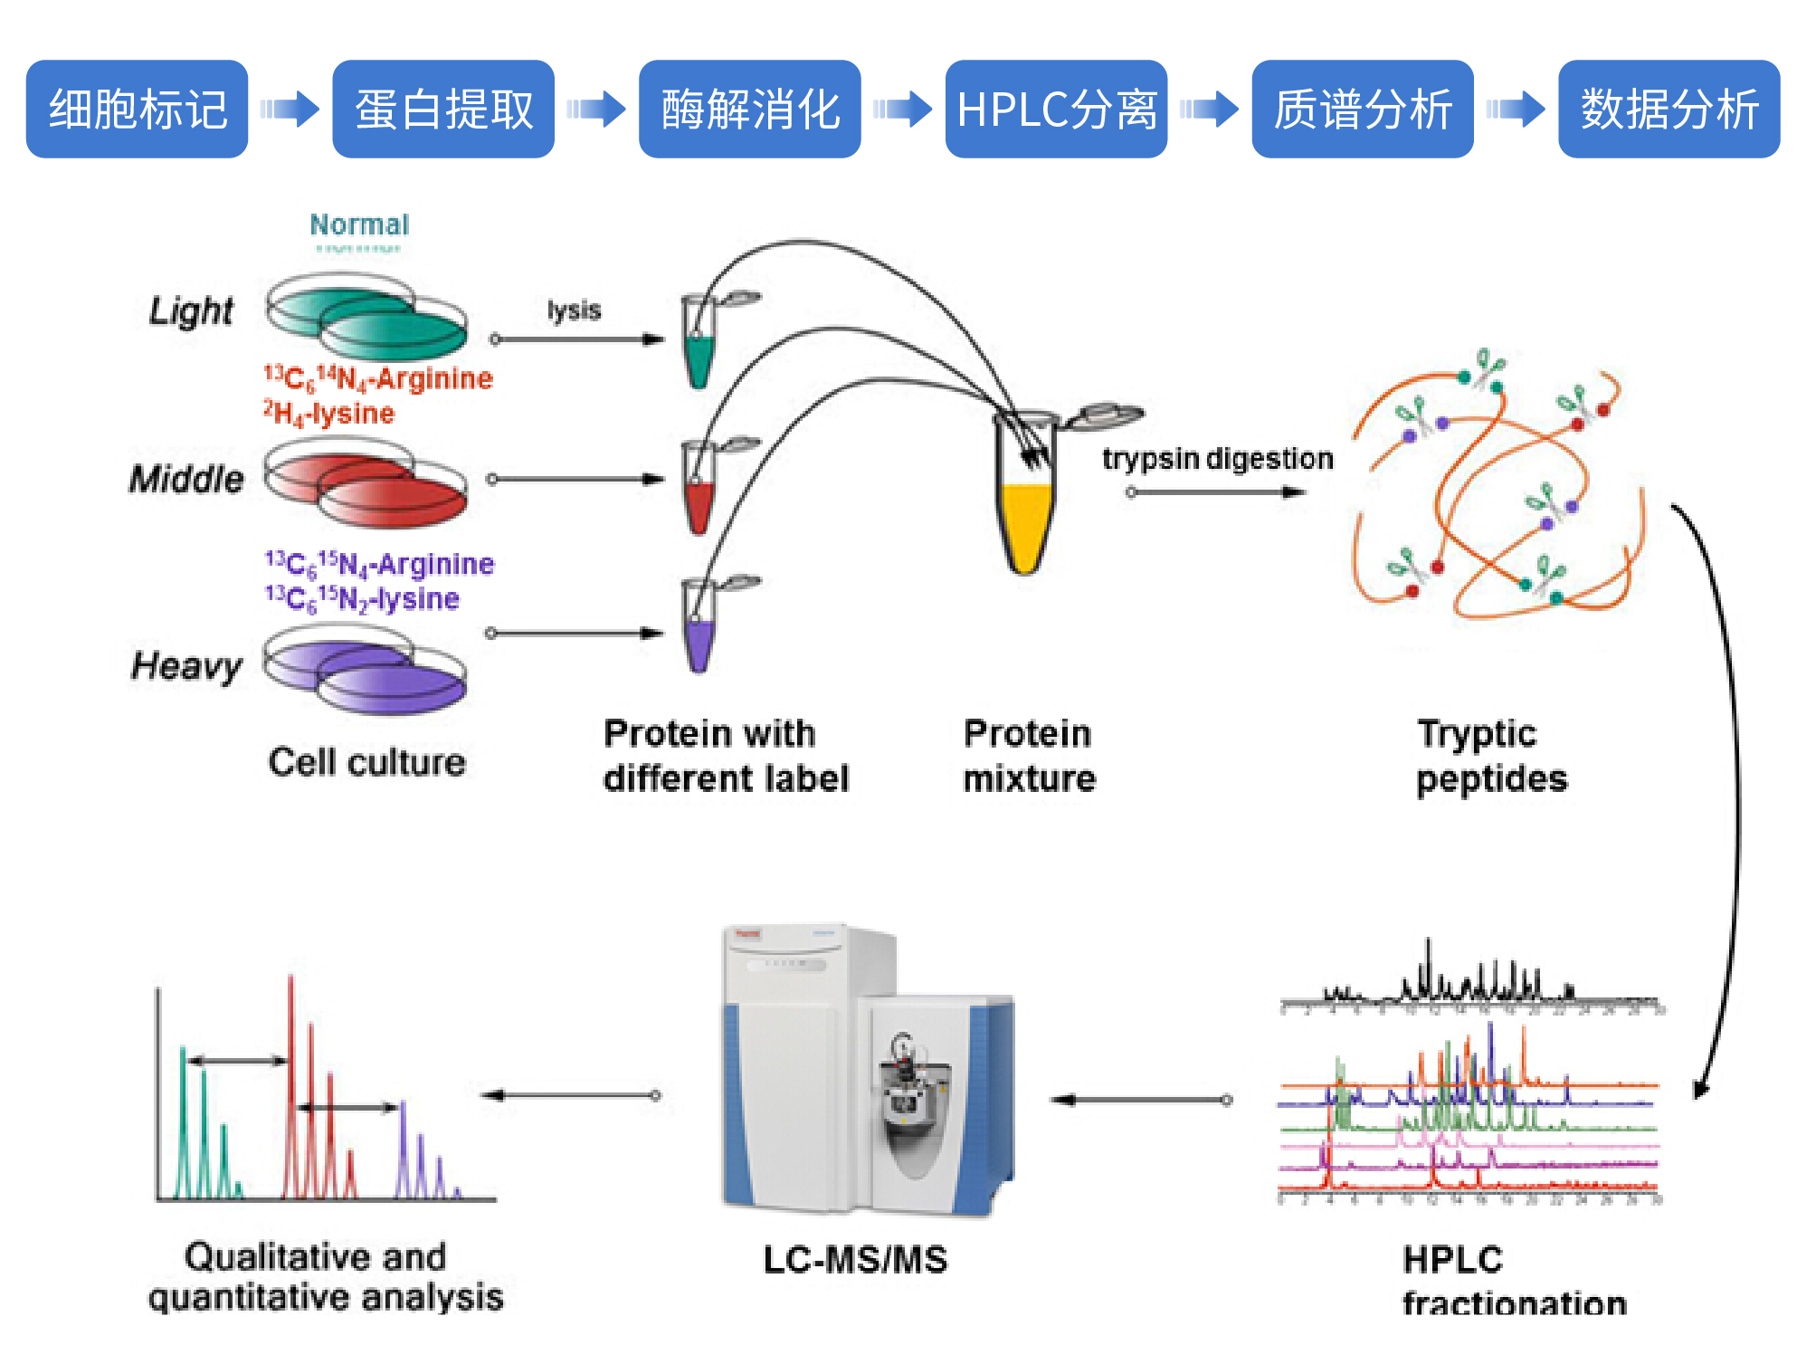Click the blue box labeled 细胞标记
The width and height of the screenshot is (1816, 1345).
tap(137, 110)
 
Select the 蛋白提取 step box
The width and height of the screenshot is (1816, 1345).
tap(443, 110)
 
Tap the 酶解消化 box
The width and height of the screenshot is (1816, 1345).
tap(749, 110)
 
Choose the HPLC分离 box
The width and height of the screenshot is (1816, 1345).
tap(1056, 110)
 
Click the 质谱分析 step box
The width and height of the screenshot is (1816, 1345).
tap(1363, 110)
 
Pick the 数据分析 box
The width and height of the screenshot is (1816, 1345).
tap(1669, 110)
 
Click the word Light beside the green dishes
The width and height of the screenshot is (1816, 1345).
tap(191, 310)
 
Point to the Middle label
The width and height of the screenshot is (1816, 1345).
tap(186, 479)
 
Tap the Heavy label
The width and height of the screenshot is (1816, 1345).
tap(186, 666)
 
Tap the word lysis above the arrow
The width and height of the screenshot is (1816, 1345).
tap(574, 310)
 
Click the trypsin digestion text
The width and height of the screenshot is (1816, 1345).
tap(1217, 459)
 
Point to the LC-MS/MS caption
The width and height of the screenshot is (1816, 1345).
tap(855, 1259)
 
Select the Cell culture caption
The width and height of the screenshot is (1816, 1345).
tap(366, 762)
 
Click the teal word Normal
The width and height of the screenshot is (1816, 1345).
tap(359, 224)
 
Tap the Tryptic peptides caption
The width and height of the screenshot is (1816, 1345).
tap(1490, 756)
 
